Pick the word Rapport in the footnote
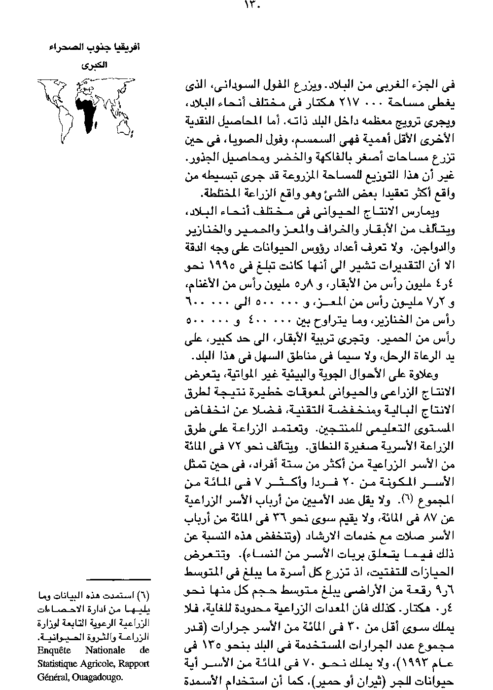pyautogui.click(x=133, y=664)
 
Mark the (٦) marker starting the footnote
pyautogui.click(x=144, y=595)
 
